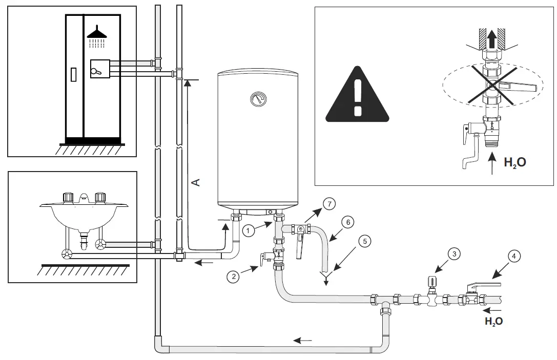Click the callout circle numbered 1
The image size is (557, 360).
[x=248, y=231]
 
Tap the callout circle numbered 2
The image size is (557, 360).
[x=233, y=277]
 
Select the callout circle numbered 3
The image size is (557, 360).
[x=452, y=253]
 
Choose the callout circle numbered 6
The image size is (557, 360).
[x=347, y=222]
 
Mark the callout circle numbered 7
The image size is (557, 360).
[x=329, y=204]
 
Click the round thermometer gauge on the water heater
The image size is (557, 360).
[x=257, y=97]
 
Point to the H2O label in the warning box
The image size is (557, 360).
[x=514, y=163]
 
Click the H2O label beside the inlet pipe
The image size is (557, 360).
[x=493, y=322]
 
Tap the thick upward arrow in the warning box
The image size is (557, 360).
[x=491, y=39]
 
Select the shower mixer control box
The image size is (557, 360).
[x=100, y=69]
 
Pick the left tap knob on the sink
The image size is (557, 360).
[x=68, y=197]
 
